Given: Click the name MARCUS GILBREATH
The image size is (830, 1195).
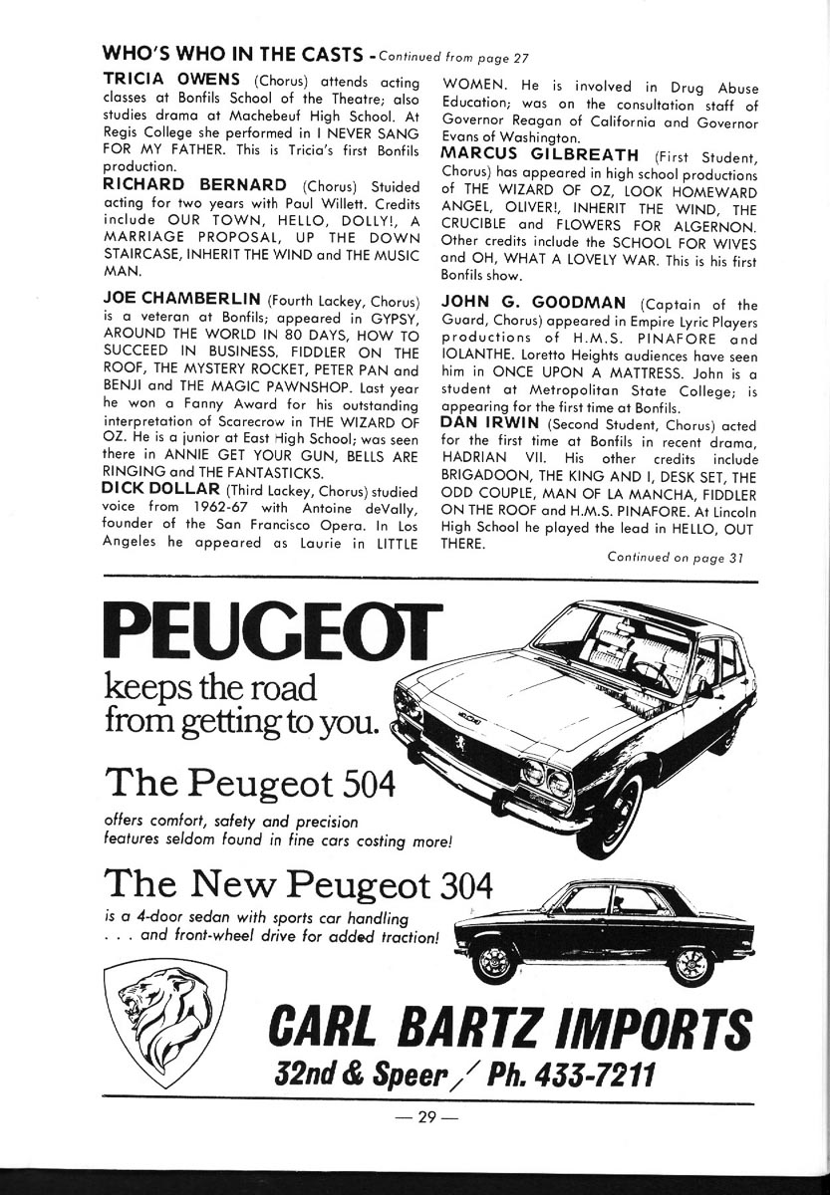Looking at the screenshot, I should tap(540, 154).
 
